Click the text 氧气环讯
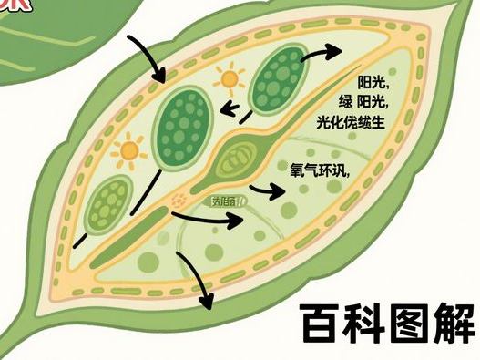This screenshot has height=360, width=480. pos(313,169)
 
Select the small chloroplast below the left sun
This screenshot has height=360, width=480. pos(108,203)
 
